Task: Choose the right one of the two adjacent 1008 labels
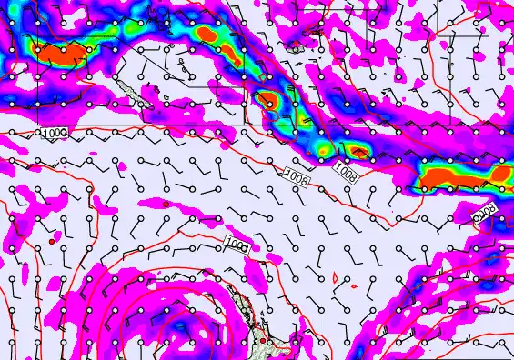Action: pos(345,170)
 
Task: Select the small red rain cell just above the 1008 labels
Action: pos(358,150)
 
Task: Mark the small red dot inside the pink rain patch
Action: pos(54,242)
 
